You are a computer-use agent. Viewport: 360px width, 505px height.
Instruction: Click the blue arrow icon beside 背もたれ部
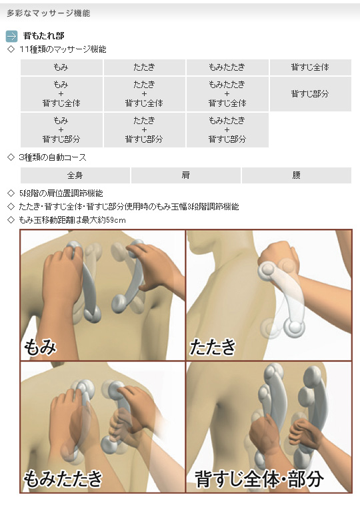(11, 36)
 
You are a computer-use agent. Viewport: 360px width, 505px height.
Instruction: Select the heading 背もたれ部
(43, 36)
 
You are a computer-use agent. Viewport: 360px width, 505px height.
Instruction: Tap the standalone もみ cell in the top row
(61, 67)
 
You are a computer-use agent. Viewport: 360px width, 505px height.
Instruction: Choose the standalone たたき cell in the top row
(144, 67)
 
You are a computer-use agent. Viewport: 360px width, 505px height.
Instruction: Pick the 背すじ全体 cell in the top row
(310, 67)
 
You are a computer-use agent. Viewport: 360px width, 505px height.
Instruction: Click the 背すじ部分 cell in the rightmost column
(310, 93)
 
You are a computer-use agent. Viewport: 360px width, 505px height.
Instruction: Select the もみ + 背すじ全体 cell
(61, 93)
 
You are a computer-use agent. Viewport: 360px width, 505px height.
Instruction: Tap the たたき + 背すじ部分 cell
(144, 130)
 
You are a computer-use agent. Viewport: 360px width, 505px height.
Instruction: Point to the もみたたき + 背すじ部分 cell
(227, 130)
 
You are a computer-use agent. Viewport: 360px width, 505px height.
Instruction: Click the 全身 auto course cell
(75, 175)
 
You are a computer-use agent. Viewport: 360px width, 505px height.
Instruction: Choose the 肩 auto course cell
(185, 175)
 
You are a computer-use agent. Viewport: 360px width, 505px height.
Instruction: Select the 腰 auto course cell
(296, 175)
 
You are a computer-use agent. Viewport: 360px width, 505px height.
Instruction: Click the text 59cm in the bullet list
(116, 220)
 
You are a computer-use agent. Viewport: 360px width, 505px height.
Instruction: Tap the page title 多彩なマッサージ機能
(48, 13)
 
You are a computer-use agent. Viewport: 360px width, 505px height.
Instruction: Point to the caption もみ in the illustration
(40, 347)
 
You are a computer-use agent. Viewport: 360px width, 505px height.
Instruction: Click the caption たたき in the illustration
(213, 347)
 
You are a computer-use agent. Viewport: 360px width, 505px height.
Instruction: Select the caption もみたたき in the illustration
(63, 478)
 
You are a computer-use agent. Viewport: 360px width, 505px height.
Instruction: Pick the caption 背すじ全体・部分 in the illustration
(259, 479)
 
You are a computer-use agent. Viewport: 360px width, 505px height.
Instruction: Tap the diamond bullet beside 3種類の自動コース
(11, 157)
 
